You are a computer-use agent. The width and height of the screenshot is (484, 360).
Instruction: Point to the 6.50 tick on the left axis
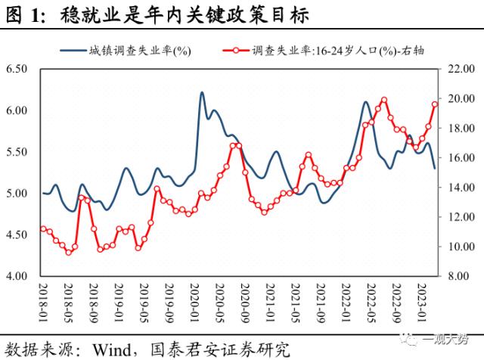16,69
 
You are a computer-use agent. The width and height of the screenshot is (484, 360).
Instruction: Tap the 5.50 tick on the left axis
16,152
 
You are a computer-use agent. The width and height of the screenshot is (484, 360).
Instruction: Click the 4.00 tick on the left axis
16,277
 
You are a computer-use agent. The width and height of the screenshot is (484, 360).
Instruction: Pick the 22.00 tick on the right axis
460,69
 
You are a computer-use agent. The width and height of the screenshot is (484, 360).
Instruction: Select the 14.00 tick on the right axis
460,188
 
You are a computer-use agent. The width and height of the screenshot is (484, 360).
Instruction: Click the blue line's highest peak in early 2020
202,93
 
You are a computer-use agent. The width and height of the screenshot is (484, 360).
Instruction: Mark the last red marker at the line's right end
435,104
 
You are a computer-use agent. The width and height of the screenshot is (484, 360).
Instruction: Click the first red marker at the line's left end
42,228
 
